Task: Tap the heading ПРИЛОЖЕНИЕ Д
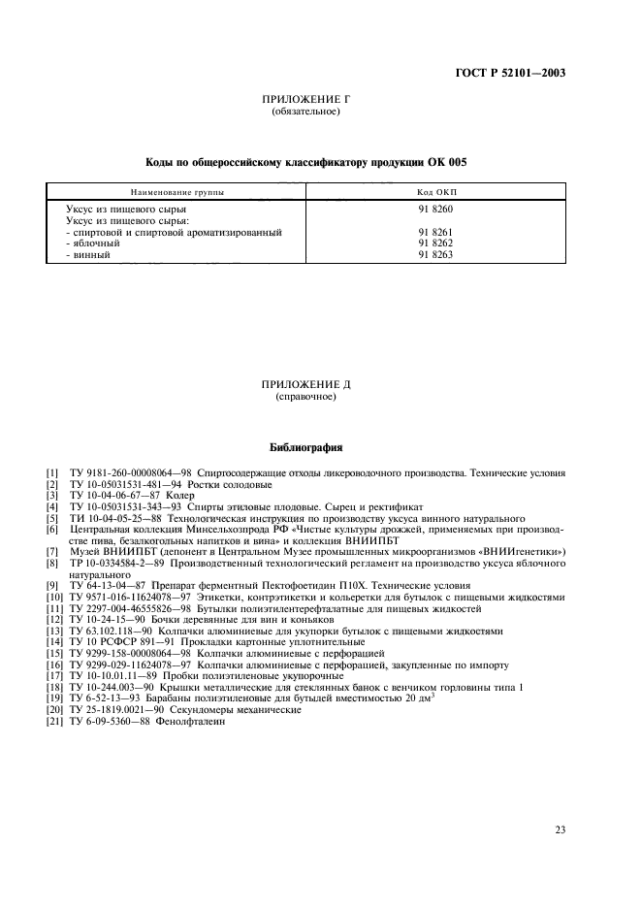[x=305, y=385]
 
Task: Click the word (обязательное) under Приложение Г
[x=305, y=112]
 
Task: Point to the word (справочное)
[x=305, y=397]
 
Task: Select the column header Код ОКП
[x=435, y=192]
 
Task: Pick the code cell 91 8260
[x=435, y=210]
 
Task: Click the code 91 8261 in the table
[x=435, y=232]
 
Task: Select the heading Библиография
[x=305, y=449]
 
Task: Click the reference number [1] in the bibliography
[x=52, y=473]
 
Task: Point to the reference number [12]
[x=54, y=620]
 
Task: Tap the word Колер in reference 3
[x=157, y=495]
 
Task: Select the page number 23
[x=561, y=802]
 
